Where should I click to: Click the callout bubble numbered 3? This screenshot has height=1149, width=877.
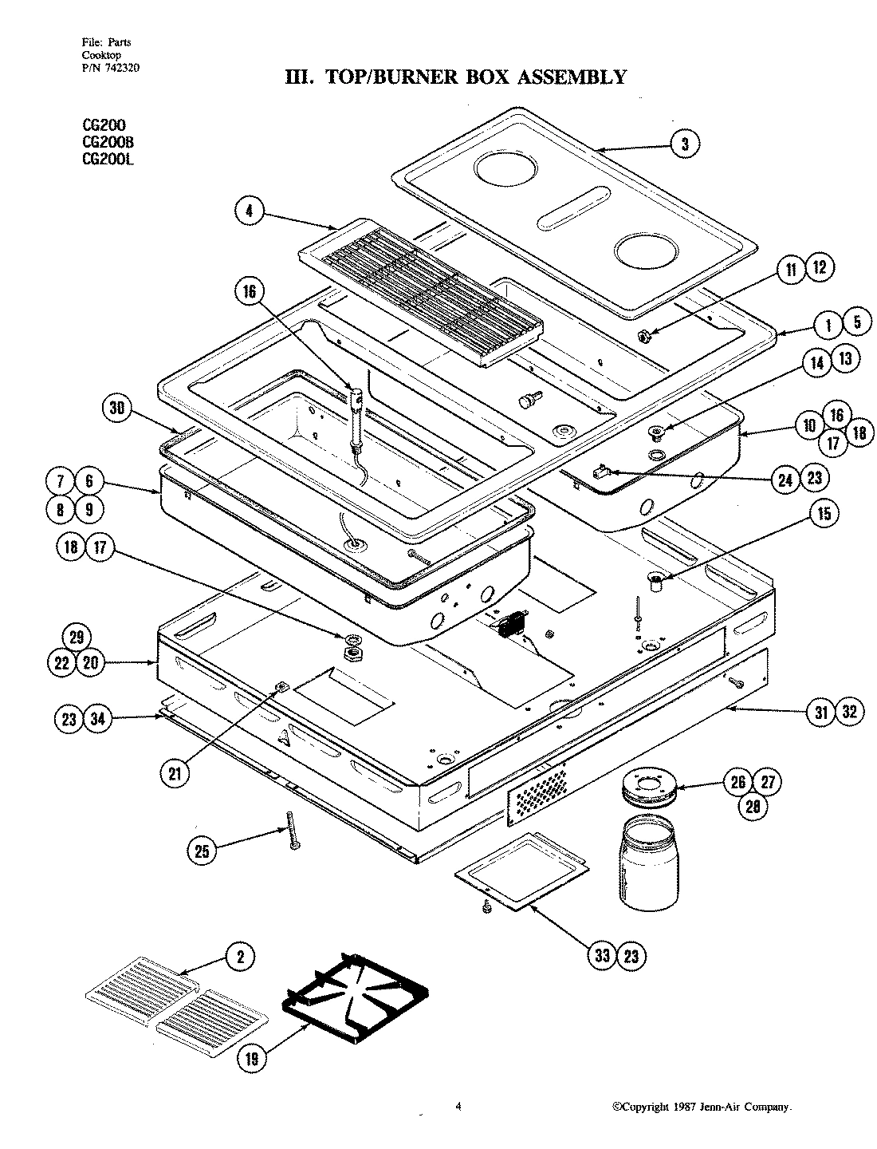click(x=685, y=144)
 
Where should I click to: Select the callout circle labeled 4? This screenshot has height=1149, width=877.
click(x=250, y=211)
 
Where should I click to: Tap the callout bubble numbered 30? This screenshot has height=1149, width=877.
click(x=116, y=409)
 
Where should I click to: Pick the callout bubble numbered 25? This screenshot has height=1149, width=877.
click(x=202, y=851)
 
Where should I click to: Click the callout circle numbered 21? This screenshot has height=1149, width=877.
click(x=173, y=772)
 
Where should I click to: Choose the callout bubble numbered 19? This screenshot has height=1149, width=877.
click(x=252, y=1059)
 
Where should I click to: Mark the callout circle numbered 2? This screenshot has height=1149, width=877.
click(x=240, y=958)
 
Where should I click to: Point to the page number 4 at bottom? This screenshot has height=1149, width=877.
click(x=458, y=1106)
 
